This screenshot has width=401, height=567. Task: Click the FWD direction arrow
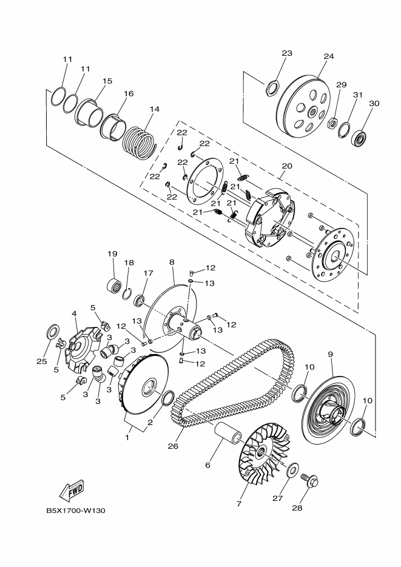pos(72,490)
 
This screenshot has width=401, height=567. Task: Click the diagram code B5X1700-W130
pos(76,511)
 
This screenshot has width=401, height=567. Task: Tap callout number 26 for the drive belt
pos(173,446)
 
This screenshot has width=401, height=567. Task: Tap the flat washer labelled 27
pos(292,471)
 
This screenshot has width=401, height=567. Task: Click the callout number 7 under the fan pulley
pos(239,503)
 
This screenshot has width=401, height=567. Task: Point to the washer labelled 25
pos(54,331)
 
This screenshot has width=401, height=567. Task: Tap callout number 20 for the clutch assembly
pos(287,166)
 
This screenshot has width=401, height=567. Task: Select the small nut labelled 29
pos(332,123)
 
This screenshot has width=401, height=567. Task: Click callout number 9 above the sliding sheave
pos(330,354)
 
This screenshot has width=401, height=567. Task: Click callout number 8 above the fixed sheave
pos(172,261)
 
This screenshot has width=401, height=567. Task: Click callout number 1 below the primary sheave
pos(127,438)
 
